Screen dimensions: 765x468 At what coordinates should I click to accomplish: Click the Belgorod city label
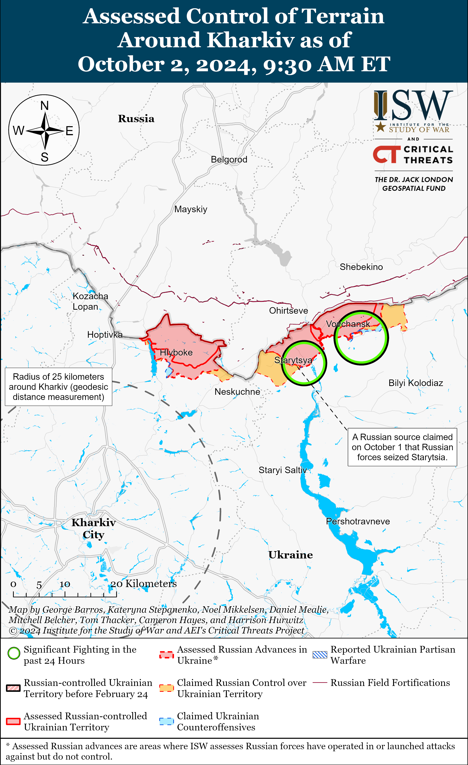click(x=229, y=160)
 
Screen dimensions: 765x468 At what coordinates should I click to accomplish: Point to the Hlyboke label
click(x=176, y=353)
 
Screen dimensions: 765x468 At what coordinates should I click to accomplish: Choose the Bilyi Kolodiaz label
click(x=416, y=383)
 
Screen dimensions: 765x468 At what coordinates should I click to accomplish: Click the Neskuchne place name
click(x=237, y=392)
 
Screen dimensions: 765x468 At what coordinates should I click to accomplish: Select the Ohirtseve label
click(x=289, y=311)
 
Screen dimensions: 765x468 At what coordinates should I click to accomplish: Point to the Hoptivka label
click(x=105, y=335)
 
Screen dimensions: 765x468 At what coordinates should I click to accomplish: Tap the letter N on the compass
click(x=44, y=106)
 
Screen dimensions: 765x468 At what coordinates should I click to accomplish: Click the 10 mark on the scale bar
click(x=65, y=584)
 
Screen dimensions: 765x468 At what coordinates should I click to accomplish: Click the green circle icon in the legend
click(x=14, y=653)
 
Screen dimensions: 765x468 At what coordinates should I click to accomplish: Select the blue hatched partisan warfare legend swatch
click(x=320, y=655)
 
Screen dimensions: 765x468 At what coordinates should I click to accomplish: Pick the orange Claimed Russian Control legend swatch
click(x=166, y=688)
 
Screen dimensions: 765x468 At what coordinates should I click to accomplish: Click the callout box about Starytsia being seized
click(x=402, y=447)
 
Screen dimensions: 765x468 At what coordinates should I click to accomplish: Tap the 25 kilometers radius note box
click(x=58, y=387)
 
